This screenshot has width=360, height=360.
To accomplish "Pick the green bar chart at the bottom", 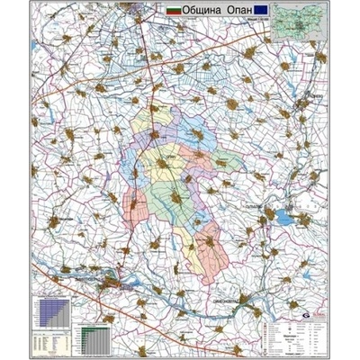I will [x=93, y=339].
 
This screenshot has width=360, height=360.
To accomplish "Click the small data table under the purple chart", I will [x=51, y=343].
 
